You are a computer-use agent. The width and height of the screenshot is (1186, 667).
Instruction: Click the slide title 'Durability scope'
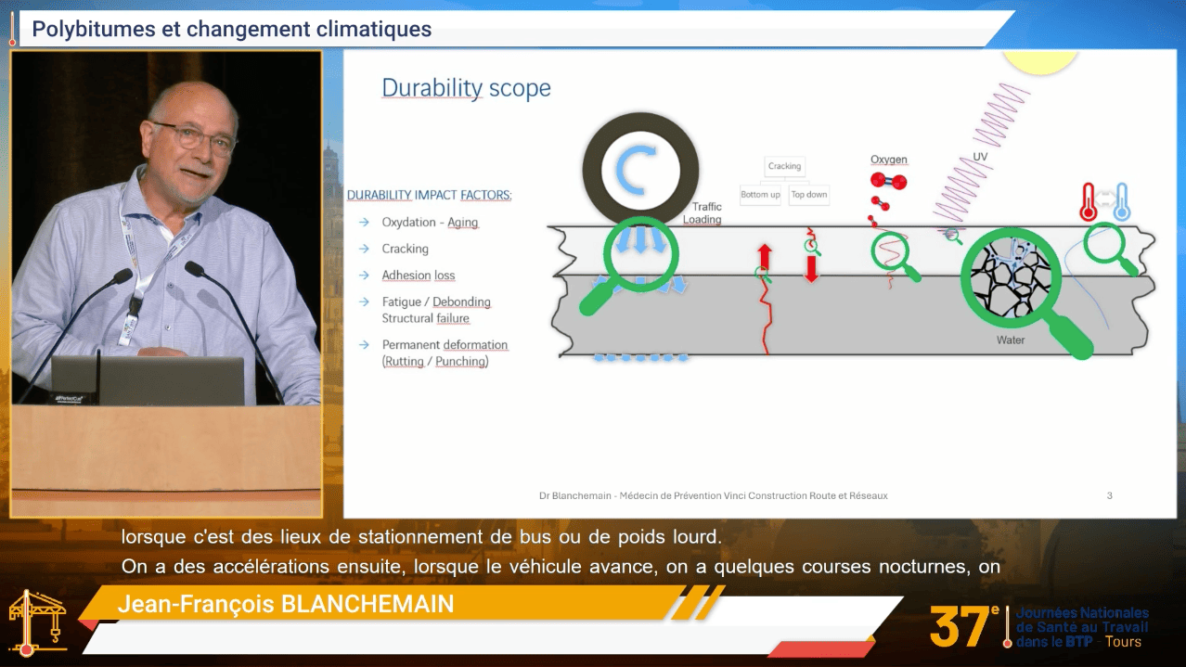tap(466, 88)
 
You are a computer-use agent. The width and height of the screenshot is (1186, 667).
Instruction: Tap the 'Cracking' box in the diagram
tap(784, 166)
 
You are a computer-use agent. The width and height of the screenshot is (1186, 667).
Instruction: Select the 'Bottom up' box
tap(760, 195)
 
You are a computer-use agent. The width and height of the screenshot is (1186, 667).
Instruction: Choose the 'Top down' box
tap(809, 195)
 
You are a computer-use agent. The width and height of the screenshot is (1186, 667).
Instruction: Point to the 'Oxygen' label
tap(888, 160)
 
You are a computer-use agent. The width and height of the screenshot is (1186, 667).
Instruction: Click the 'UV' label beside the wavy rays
tap(980, 157)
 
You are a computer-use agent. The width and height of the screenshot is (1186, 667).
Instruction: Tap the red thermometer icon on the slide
tap(1088, 201)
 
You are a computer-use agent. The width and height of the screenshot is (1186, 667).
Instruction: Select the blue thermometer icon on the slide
tap(1121, 201)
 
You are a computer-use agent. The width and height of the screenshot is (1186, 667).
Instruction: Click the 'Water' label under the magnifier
tap(1011, 340)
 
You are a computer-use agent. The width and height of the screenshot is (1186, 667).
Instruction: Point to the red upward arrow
tap(765, 256)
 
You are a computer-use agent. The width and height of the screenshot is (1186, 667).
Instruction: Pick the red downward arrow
tap(811, 269)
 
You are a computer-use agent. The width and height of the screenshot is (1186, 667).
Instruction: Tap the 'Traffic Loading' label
tap(703, 212)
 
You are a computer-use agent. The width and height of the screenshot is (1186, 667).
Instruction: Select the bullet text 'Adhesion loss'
tap(419, 276)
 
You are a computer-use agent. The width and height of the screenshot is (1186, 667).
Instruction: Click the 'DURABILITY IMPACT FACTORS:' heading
tap(430, 195)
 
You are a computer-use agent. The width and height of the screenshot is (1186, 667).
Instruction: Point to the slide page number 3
tap(1109, 495)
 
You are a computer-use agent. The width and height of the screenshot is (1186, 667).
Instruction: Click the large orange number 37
tap(960, 628)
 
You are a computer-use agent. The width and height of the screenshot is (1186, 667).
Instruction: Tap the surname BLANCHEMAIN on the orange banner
tap(367, 604)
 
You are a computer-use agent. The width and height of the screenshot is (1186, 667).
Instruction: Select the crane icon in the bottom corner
tap(36, 622)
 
